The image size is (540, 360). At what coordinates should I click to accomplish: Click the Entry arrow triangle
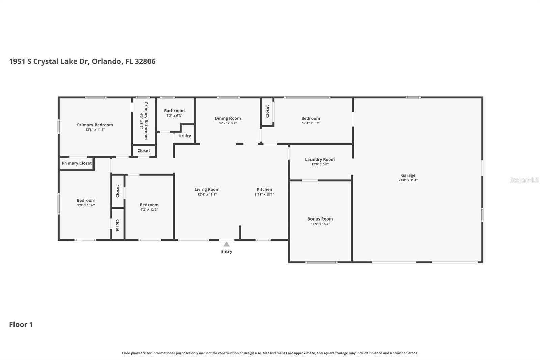(x=226, y=244)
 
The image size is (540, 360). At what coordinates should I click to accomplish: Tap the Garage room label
(x=408, y=175)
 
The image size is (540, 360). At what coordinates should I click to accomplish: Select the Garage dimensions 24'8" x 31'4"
(x=408, y=180)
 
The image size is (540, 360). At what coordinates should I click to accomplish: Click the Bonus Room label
(x=320, y=219)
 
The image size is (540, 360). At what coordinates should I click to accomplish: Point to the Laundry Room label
(x=320, y=159)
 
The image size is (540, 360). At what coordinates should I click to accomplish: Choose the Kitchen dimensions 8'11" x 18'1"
(x=264, y=195)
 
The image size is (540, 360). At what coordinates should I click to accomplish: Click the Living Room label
(x=207, y=189)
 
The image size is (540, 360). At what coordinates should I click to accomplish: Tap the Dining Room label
(x=228, y=118)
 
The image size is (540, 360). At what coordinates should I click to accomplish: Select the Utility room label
(x=185, y=136)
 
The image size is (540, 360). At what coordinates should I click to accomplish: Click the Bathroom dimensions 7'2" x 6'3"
(x=174, y=116)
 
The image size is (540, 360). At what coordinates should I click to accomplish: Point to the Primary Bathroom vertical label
(x=146, y=121)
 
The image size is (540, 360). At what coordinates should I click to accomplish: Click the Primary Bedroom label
(x=95, y=125)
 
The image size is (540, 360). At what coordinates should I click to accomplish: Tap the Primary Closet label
(x=77, y=163)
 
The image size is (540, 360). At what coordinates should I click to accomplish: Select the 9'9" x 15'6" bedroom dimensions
(x=86, y=205)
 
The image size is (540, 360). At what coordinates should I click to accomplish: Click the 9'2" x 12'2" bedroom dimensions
(x=149, y=210)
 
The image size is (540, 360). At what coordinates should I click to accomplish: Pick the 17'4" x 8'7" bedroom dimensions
(x=310, y=123)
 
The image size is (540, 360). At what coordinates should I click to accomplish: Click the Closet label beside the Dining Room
(x=267, y=111)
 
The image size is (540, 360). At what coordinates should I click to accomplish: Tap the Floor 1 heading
(x=21, y=324)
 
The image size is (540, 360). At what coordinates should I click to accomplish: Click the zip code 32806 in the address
(x=145, y=61)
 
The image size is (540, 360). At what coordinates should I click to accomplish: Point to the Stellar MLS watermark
(x=524, y=180)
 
